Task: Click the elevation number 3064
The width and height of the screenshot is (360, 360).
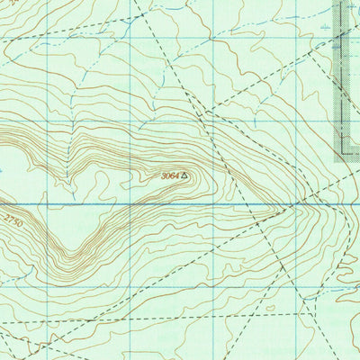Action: pyautogui.click(x=170, y=176)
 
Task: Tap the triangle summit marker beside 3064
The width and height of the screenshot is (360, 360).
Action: pyautogui.click(x=185, y=176)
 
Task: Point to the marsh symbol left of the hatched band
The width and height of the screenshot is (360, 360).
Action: pyautogui.click(x=324, y=29)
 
